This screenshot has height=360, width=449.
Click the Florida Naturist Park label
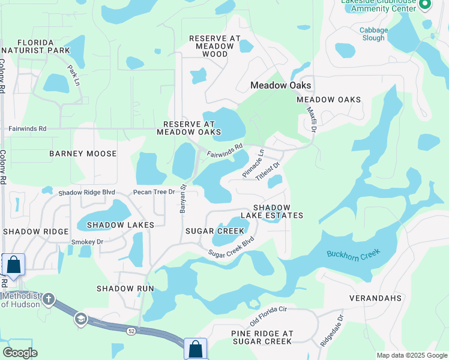pos(35,47)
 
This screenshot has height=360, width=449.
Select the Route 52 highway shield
pos(130,331)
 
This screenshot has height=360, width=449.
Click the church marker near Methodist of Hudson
pos(48,299)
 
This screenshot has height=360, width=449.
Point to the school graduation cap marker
pos(80,319)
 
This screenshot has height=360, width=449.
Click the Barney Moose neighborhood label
pos(83,154)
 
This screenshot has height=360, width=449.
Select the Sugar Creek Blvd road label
pos(232,247)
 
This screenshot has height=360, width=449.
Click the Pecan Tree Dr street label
pos(154,193)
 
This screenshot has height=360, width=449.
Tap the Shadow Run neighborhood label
pos(125,289)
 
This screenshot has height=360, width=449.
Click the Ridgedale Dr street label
pos(332,329)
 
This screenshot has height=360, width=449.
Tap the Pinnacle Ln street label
pos(253,164)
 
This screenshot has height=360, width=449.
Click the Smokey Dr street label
pos(88,242)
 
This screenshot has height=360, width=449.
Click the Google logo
pos(20,353)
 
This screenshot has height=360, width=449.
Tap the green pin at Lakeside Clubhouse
pos(426,5)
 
